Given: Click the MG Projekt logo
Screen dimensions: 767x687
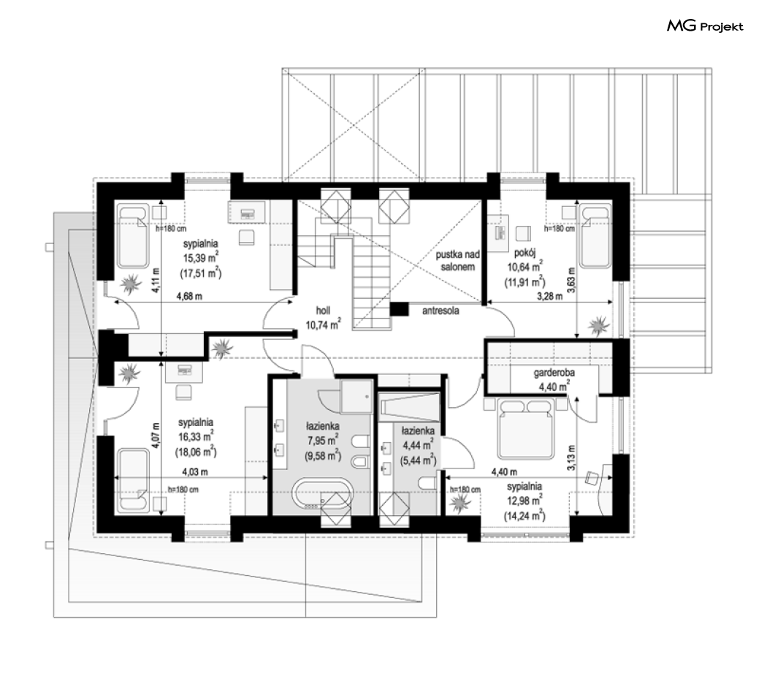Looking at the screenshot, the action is coord(705,26).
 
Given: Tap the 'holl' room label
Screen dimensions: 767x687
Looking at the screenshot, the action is coord(323,310).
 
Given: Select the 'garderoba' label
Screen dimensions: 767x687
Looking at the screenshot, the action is coord(554,373).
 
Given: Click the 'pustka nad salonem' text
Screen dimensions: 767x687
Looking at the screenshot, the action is coord(458,261).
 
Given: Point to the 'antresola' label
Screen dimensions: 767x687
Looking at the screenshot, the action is coord(440,311).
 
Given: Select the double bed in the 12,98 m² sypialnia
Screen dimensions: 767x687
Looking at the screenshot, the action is coord(525,428).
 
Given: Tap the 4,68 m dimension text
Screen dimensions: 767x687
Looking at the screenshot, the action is coord(189,296).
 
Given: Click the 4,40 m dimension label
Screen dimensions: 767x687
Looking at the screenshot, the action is coord(504,472).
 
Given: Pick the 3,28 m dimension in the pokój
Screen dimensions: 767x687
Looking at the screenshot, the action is coord(550,296).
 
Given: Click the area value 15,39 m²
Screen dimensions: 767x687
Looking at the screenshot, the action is coord(201,257).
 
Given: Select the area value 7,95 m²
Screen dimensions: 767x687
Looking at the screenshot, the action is coord(323,441).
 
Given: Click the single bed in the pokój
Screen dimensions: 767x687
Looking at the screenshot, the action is coord(595,236).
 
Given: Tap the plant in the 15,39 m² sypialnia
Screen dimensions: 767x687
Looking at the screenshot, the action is coord(130,284).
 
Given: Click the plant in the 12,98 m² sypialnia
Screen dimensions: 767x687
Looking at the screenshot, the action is coord(460,502).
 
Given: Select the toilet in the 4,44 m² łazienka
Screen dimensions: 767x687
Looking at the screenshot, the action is coord(427,483).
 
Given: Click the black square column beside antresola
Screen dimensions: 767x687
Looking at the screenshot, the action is coord(399,309).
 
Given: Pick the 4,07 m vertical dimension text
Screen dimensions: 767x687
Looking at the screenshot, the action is coord(156,436).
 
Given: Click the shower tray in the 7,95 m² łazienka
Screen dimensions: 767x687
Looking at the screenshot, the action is coord(356,396).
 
